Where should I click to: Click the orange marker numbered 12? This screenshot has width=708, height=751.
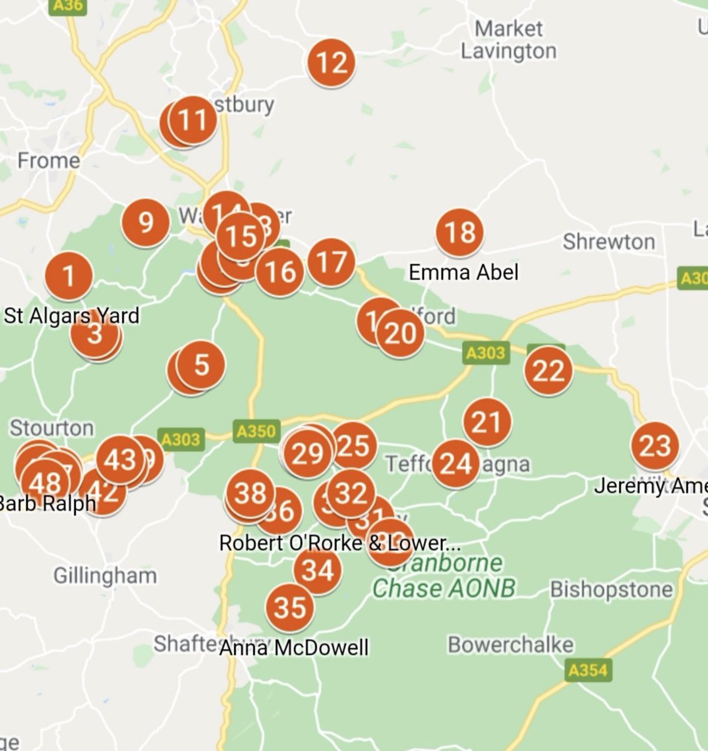(x=331, y=63)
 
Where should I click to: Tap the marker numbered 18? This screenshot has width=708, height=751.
(x=460, y=232)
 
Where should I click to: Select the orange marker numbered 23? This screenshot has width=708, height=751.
(x=655, y=446)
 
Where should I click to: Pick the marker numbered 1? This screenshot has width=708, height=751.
(x=69, y=275)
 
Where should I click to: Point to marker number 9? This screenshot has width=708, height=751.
(x=145, y=222)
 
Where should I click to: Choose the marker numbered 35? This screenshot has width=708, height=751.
(x=290, y=608)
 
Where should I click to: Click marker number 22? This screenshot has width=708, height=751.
(x=549, y=371)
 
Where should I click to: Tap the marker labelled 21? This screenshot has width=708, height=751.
(x=487, y=422)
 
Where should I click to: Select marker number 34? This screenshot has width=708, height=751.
(x=318, y=570)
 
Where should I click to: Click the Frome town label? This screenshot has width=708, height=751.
(x=49, y=161)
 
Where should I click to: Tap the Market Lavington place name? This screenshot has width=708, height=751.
(x=508, y=40)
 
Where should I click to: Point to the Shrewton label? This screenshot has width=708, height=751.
(x=609, y=242)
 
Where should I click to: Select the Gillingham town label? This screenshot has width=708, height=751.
(x=105, y=575)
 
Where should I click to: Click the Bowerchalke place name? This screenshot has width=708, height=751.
(x=510, y=645)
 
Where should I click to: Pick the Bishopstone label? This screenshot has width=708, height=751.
(x=612, y=590)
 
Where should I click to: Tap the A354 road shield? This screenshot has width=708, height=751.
(x=587, y=671)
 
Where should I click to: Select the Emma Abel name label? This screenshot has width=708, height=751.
(x=463, y=272)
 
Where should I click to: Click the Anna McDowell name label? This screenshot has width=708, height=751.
(x=294, y=647)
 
